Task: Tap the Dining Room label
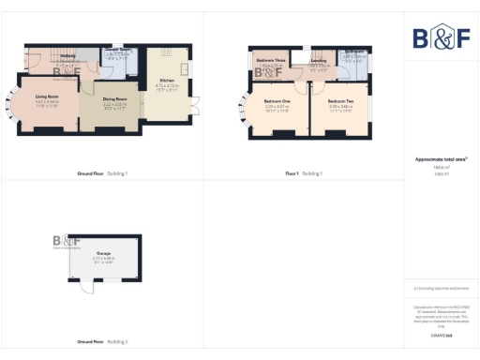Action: (114, 98)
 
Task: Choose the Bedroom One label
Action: (276, 100)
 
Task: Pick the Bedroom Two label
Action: (341, 100)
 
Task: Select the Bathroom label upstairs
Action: (353, 52)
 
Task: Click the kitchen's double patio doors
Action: (197, 104)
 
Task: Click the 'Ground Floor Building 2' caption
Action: (102, 342)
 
